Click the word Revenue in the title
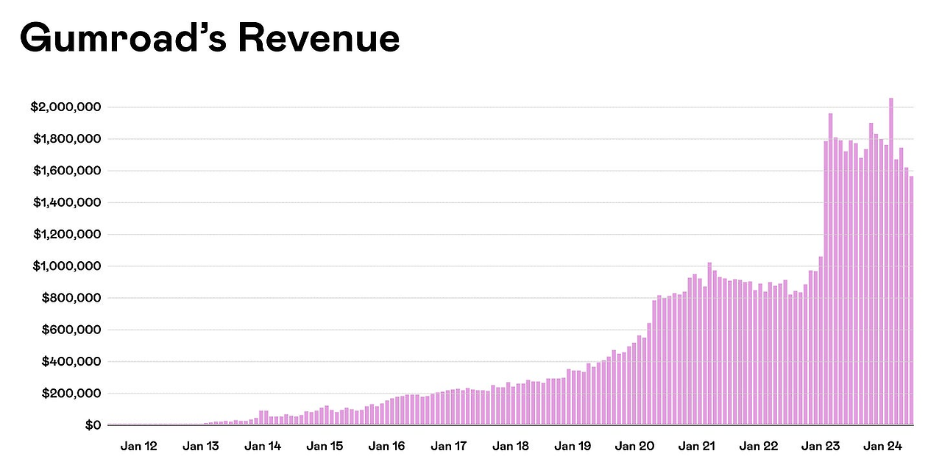pyautogui.click(x=319, y=38)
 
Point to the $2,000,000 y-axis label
pyautogui.click(x=65, y=107)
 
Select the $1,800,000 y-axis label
pyautogui.click(x=65, y=139)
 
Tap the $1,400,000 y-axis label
pyautogui.click(x=65, y=203)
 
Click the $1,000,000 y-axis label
pyautogui.click(x=65, y=266)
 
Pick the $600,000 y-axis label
pyautogui.click(x=69, y=330)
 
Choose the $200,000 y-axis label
pyautogui.click(x=69, y=394)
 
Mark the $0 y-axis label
pyautogui.click(x=92, y=425)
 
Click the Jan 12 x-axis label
pyautogui.click(x=138, y=446)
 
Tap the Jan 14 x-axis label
pyautogui.click(x=263, y=446)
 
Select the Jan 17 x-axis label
pyautogui.click(x=449, y=446)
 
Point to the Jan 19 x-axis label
pyautogui.click(x=573, y=446)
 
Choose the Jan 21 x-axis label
pyautogui.click(x=697, y=446)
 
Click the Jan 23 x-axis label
pyautogui.click(x=821, y=446)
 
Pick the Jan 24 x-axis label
pyautogui.click(x=882, y=446)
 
